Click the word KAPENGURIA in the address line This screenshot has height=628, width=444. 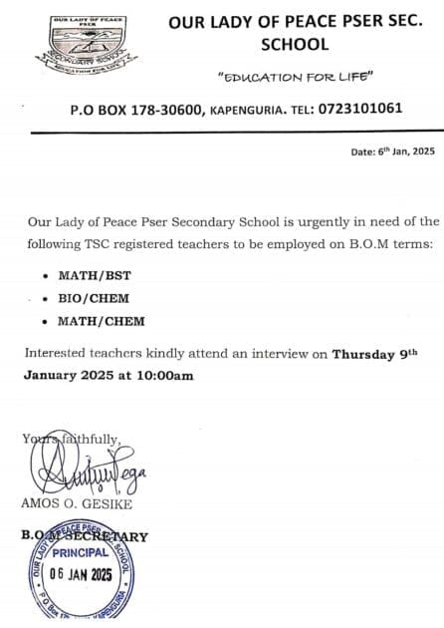pos(248,109)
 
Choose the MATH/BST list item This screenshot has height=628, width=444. pos(90,273)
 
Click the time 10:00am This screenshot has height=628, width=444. pos(164,376)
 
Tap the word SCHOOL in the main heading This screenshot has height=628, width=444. pos(295,45)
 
